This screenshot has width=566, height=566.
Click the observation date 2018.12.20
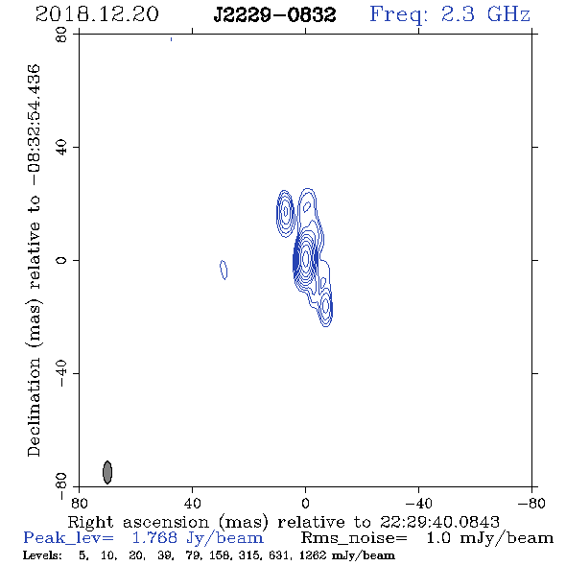tap(97, 14)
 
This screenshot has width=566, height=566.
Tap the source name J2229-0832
tap(274, 15)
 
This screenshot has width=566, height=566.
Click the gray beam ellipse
tap(107, 472)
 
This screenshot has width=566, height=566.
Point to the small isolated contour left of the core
tap(224, 270)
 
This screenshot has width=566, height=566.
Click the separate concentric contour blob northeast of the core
tap(285, 213)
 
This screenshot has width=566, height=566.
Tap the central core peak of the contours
tap(306, 258)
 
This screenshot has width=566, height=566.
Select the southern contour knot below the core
tap(326, 306)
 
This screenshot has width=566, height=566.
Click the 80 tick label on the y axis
tap(61, 35)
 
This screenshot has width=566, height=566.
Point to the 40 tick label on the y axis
tap(61, 148)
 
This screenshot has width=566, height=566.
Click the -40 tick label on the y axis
tap(61, 373)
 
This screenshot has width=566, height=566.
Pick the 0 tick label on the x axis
tap(305, 504)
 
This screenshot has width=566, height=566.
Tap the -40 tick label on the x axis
tap(419, 504)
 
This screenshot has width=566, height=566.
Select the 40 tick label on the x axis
tap(192, 504)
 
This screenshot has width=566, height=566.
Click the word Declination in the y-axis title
tap(34, 407)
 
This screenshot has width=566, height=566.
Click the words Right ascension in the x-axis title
tap(138, 522)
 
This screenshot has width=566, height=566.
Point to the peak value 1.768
tap(154, 538)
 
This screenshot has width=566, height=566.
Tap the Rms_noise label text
tap(354, 538)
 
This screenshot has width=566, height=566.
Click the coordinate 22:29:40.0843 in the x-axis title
tap(439, 522)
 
